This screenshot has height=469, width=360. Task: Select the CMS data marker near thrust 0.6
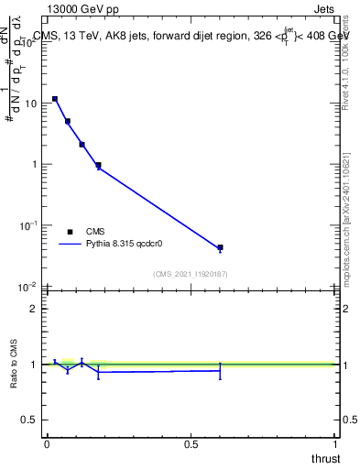(x=220, y=247)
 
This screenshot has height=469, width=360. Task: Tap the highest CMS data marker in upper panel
(x=55, y=99)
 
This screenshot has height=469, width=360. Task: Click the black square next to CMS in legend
(x=70, y=233)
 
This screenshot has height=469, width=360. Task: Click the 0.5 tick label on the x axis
(x=191, y=444)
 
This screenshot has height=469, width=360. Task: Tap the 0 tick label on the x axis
(x=47, y=444)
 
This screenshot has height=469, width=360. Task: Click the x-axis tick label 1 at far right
(x=335, y=444)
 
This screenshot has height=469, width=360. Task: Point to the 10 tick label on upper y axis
(x=31, y=104)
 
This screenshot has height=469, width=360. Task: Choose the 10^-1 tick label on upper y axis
(x=29, y=225)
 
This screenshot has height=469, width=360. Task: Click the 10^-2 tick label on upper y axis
(x=29, y=287)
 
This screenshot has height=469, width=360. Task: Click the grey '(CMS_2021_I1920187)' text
(x=190, y=274)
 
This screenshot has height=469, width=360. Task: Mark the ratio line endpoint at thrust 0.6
(x=220, y=370)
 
